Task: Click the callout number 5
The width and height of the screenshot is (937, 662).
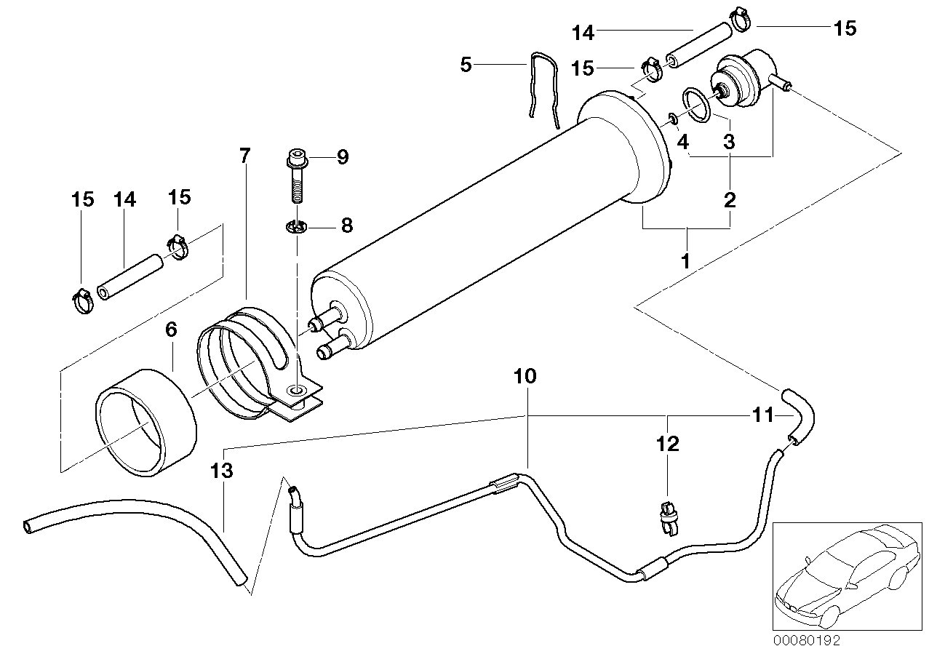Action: [466, 65]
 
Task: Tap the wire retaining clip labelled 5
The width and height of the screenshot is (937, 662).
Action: [543, 87]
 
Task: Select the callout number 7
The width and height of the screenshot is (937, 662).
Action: [244, 155]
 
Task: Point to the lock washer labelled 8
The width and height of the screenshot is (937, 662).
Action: [297, 228]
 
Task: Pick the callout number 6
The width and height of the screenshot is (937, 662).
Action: [171, 330]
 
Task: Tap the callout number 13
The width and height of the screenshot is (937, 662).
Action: [222, 471]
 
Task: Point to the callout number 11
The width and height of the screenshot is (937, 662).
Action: [762, 415]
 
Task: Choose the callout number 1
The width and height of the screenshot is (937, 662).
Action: [685, 260]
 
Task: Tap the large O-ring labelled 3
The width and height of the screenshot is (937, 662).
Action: [697, 106]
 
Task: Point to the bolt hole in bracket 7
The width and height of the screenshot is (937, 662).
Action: [296, 391]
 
